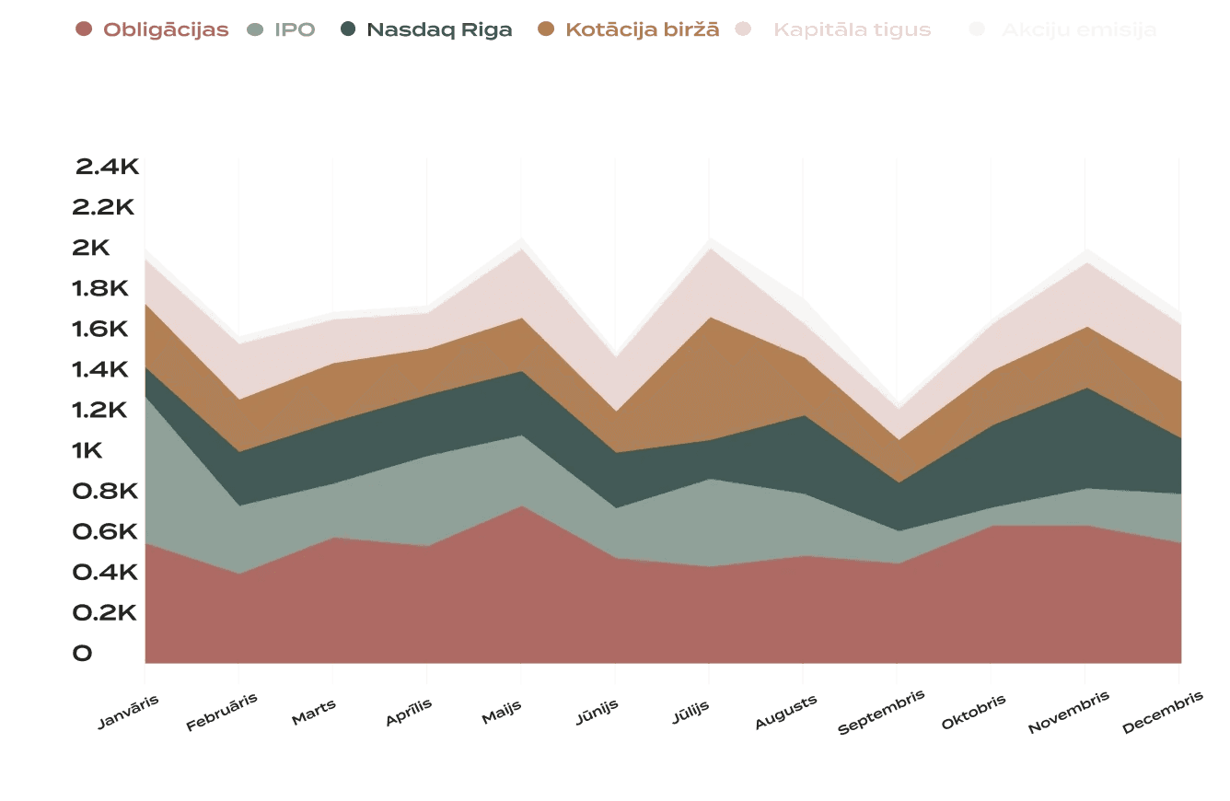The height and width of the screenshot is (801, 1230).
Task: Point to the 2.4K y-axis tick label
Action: point(107,167)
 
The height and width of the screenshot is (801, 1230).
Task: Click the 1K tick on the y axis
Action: point(108,451)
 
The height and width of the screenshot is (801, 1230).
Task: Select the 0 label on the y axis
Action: point(83,654)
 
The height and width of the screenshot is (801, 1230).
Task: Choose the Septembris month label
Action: point(881,713)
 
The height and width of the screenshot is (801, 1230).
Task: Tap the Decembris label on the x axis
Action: point(1163,713)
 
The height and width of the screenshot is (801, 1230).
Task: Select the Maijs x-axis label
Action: point(502,712)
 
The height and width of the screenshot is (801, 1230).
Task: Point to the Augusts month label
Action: point(785,713)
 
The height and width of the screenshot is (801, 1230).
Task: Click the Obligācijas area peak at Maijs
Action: point(521,506)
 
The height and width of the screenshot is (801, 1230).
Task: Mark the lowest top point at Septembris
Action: point(897,401)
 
